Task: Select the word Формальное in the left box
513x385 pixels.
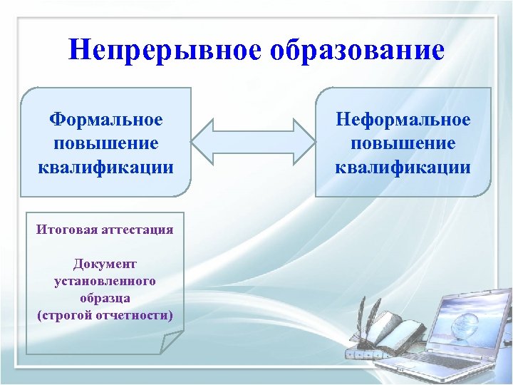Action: [x=105, y=119]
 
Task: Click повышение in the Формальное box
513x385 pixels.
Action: [x=105, y=143]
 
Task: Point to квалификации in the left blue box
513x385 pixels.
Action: [x=105, y=168]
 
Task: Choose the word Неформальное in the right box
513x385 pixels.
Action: [x=403, y=119]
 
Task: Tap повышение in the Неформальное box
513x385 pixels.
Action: [x=403, y=143]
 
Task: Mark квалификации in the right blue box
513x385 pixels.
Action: [x=403, y=168]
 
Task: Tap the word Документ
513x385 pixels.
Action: [x=105, y=265]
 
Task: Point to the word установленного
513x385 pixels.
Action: [x=105, y=281]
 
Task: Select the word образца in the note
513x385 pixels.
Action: [x=105, y=298]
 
